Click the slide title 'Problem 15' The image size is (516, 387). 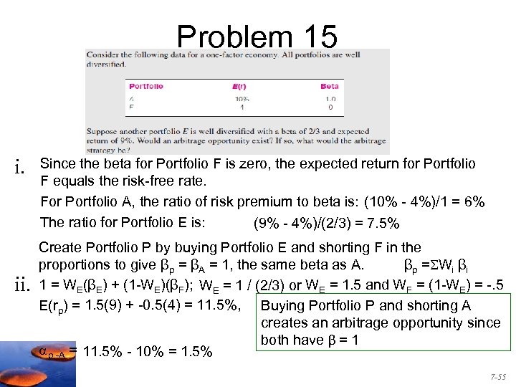tap(256, 37)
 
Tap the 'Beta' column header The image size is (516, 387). tap(329, 86)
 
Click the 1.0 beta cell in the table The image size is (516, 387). tap(330, 98)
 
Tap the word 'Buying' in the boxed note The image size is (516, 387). tap(282, 306)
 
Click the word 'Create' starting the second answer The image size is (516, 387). tap(60, 248)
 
